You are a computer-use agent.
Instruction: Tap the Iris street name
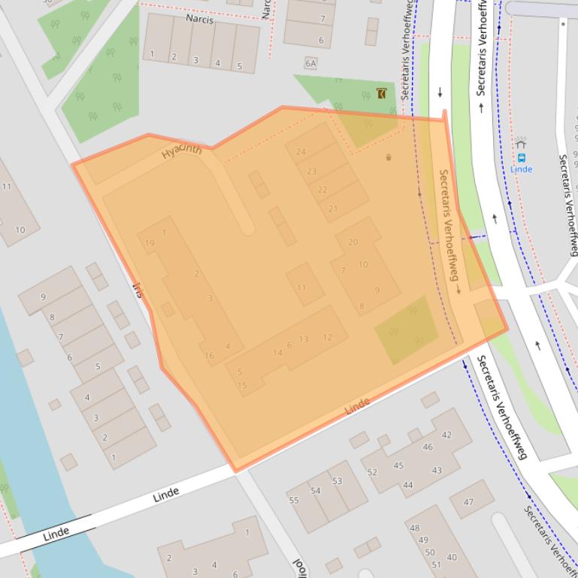(138, 290)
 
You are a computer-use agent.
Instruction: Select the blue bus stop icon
(522, 158)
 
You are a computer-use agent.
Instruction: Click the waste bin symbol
(389, 157)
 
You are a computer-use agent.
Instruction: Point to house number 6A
(310, 64)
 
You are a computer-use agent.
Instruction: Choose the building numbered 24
(301, 152)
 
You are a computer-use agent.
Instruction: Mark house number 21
(333, 208)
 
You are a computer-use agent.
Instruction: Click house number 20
(353, 242)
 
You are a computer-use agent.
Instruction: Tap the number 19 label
(150, 243)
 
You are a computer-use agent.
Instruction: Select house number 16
(209, 356)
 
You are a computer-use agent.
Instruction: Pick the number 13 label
(304, 339)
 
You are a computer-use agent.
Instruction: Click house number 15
(242, 386)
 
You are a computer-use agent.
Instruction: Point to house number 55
(294, 501)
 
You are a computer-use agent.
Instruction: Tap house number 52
(372, 472)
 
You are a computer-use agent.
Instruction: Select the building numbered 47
(469, 502)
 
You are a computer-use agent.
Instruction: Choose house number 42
(446, 435)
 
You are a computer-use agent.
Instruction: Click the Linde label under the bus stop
(521, 170)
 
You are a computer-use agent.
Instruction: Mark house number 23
(312, 171)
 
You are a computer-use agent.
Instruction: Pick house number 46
(428, 447)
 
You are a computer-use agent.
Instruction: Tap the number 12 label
(327, 337)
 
